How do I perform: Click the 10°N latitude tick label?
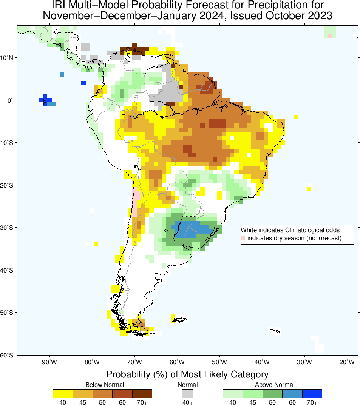8,58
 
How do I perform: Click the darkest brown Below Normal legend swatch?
142,393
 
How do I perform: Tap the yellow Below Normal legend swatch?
63,393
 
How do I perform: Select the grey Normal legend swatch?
187,393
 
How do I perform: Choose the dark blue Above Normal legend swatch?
312,393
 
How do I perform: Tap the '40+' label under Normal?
188,402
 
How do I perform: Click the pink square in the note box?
243,238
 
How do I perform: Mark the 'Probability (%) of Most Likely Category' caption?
187,374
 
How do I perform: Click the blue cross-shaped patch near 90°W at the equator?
45,100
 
